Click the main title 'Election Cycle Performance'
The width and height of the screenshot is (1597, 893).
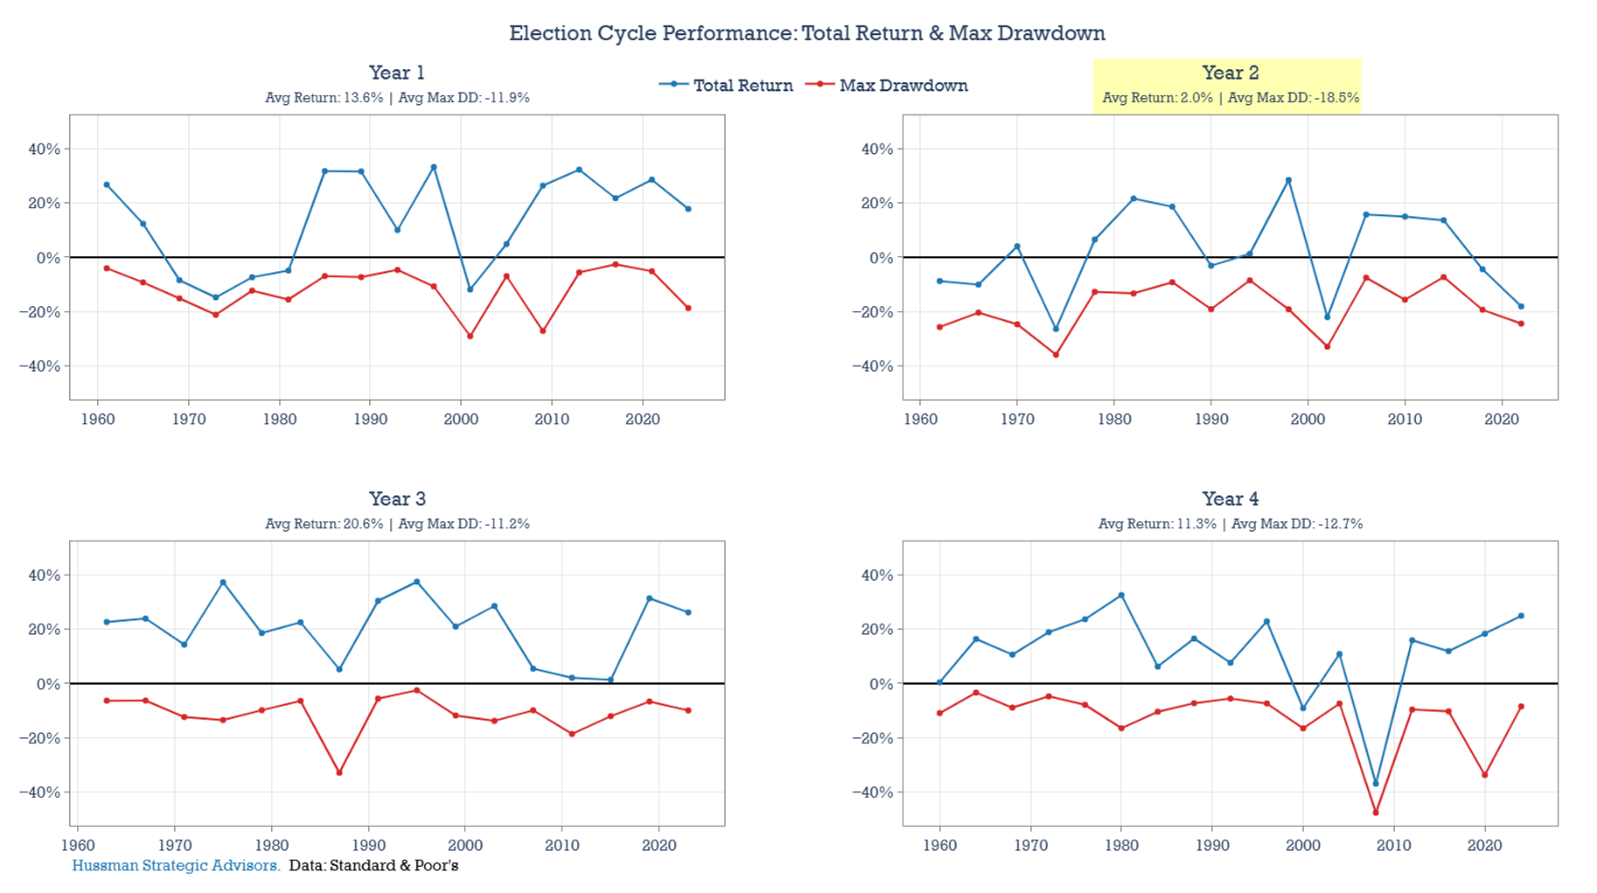(806, 33)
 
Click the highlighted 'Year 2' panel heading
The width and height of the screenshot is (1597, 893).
(1229, 73)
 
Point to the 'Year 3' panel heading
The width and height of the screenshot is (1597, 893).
(397, 499)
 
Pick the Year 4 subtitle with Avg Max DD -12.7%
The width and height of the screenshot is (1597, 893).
(1230, 524)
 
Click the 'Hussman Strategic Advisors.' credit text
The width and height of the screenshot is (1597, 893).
(176, 866)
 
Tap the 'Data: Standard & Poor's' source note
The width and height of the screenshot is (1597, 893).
(373, 866)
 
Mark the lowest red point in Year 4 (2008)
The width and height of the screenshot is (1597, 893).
(1376, 813)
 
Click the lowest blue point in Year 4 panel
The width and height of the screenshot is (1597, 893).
(1376, 784)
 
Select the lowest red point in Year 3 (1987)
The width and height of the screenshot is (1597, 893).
(339, 772)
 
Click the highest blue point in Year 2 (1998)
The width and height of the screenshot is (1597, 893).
(1288, 180)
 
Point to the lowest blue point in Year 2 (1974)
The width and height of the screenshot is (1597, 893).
(1056, 329)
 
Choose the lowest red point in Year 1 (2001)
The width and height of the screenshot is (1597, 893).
(470, 336)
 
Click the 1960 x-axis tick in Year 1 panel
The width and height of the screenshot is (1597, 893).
(98, 419)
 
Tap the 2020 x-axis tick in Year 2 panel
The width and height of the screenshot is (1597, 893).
(1502, 419)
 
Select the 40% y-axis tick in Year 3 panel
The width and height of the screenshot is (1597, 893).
(44, 576)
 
